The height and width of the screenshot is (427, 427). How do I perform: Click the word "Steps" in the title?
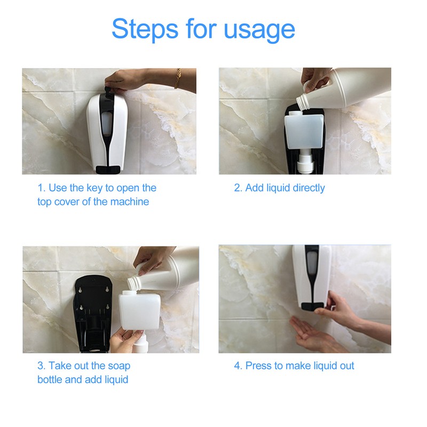click(x=145, y=29)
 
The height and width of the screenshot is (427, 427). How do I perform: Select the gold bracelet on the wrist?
click(x=178, y=78)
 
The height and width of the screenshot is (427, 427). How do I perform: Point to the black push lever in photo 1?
click(x=108, y=169)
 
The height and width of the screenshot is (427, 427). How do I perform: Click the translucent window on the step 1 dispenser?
click(x=106, y=125)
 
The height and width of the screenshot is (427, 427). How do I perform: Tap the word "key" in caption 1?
click(x=94, y=188)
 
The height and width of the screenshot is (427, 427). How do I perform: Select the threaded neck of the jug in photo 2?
click(x=303, y=101)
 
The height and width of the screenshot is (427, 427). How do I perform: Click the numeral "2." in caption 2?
click(x=238, y=188)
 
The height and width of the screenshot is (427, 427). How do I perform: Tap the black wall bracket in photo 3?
click(x=92, y=313)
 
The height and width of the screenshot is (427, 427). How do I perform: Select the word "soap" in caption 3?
click(x=119, y=366)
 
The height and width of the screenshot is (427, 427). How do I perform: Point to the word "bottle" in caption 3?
click(x=50, y=379)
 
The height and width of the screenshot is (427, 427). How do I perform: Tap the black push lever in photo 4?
click(x=312, y=306)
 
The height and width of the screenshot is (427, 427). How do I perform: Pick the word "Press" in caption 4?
click(x=258, y=366)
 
